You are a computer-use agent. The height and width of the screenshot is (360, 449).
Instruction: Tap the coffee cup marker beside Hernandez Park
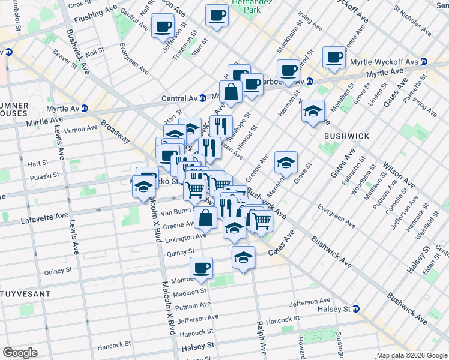pos(217,16)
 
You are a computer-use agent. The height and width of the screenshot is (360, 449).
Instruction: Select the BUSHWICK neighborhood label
pos(346,136)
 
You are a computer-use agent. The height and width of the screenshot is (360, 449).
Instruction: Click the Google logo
pos(20,352)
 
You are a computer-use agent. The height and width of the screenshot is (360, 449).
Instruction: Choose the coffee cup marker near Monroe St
pos(202,268)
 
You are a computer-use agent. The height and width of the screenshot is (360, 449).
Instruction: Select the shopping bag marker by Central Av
pos(231,92)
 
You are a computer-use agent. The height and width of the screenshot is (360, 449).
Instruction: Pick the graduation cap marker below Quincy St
pos(243,258)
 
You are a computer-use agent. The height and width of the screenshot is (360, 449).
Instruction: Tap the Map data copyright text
pos(411,355)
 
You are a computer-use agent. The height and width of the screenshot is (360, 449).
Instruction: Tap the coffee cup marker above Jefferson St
pos(163,26)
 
